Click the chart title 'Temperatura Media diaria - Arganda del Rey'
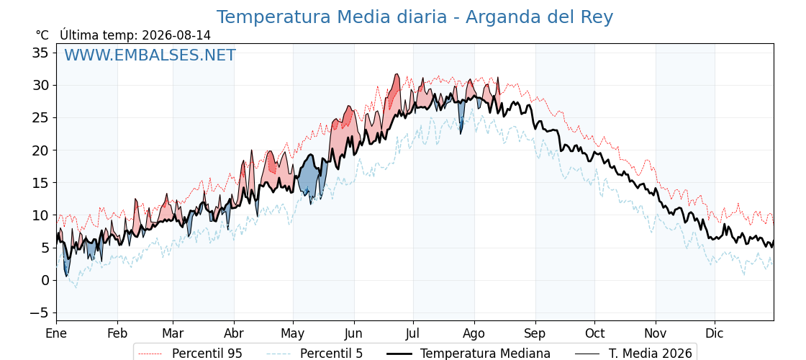coord(415,17)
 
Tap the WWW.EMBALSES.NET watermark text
coord(150,55)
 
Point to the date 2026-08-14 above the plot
coord(176,35)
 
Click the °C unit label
coord(42,35)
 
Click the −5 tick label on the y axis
coord(38,312)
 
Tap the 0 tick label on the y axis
coord(46,280)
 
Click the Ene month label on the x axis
coord(56,333)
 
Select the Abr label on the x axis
coord(234,333)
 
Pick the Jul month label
coord(413,333)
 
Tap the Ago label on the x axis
coord(474,334)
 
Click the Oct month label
coord(594,333)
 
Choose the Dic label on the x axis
coord(715,333)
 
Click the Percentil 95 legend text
coord(207,354)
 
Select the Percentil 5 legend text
coord(331,354)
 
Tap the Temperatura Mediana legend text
coord(485,354)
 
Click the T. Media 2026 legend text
coord(650,354)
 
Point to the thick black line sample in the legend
coord(399,354)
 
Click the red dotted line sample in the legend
coord(151,354)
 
